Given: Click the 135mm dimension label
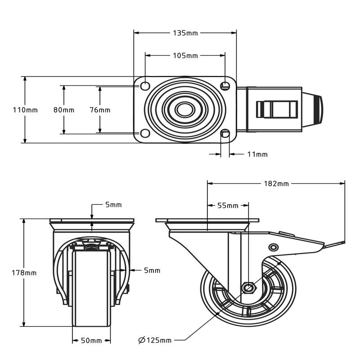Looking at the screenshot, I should tap(185, 32).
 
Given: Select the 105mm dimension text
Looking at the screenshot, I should tap(185, 55).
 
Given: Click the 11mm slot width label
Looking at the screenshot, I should tap(257, 154).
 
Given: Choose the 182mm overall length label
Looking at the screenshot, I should tap(276, 183).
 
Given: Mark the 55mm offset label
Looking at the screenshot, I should tap(228, 206).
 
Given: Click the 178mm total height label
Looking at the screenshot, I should tap(24, 273).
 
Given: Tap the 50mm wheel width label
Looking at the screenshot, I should tap(91, 341).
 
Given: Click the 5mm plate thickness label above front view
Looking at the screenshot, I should tap(113, 205).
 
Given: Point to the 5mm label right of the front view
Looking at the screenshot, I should tap(152, 270).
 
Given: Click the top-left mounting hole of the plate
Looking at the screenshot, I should tap(145, 85).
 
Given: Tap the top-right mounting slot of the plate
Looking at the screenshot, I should tap(225, 85).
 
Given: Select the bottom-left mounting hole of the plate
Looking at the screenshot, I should tap(145, 134).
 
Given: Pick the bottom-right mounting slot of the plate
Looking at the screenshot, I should tap(225, 134).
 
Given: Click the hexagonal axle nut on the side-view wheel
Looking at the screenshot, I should tap(248, 287).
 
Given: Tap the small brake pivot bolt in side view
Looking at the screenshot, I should tap(273, 247).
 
